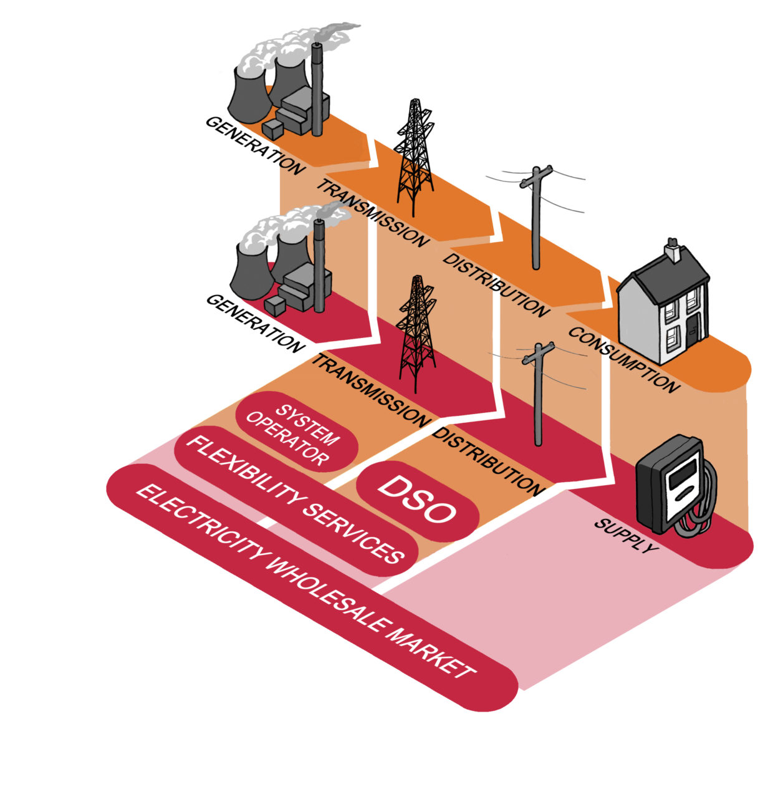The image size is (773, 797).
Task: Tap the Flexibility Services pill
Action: coord(293,500)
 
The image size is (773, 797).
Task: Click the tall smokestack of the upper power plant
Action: coord(317,87)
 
